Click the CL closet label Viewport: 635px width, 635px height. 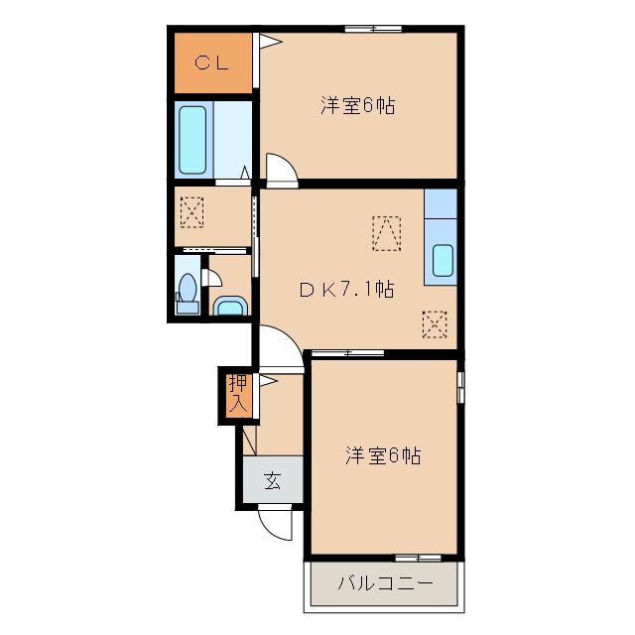[x=211, y=63]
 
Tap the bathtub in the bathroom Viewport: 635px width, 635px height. [x=191, y=138]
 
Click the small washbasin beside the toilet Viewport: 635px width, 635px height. [x=229, y=306]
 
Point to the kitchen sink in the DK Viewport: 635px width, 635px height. [x=442, y=261]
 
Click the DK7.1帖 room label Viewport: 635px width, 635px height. [x=347, y=290]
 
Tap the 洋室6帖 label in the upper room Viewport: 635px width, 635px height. [x=357, y=105]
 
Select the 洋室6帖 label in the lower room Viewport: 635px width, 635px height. [x=383, y=455]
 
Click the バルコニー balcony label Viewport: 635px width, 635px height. [x=385, y=583]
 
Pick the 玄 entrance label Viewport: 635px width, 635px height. [x=271, y=482]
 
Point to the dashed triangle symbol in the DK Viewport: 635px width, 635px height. [x=386, y=233]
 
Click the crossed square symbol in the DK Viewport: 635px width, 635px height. [x=435, y=323]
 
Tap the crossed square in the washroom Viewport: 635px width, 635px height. [x=190, y=211]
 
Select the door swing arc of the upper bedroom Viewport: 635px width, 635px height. [x=281, y=170]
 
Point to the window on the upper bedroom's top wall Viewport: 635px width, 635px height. [x=374, y=29]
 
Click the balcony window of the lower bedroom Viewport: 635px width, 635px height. [x=417, y=558]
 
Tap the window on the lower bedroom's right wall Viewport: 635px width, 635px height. [x=460, y=386]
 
